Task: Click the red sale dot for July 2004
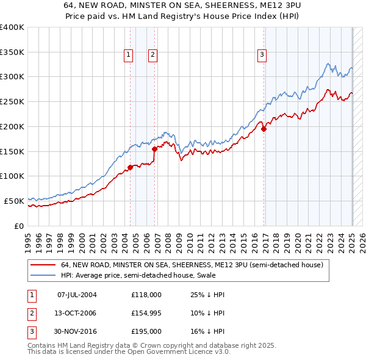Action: (x=130, y=167)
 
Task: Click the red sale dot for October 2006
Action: (x=154, y=148)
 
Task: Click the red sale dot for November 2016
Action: (x=264, y=129)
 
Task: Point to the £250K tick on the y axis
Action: (x=13, y=101)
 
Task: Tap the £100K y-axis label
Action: (x=13, y=176)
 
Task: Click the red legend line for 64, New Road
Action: (x=43, y=265)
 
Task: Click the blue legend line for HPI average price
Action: (x=43, y=276)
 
